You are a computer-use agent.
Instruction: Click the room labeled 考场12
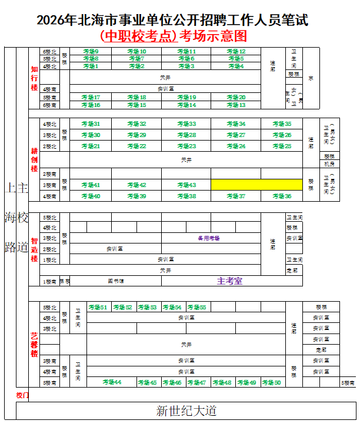point(236,52)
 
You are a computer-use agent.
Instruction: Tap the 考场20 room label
point(236,97)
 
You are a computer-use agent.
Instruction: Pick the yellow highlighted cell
point(256,185)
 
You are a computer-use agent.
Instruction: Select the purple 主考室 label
point(229,281)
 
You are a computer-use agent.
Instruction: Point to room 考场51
point(98,307)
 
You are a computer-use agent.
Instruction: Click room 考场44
point(112,382)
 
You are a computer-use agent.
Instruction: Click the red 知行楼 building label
point(34,78)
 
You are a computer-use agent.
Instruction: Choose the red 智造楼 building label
point(34,249)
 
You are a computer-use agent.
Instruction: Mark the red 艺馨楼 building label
point(34,345)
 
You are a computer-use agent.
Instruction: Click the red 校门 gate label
point(22,395)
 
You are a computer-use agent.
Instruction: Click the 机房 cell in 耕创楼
point(329,164)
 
